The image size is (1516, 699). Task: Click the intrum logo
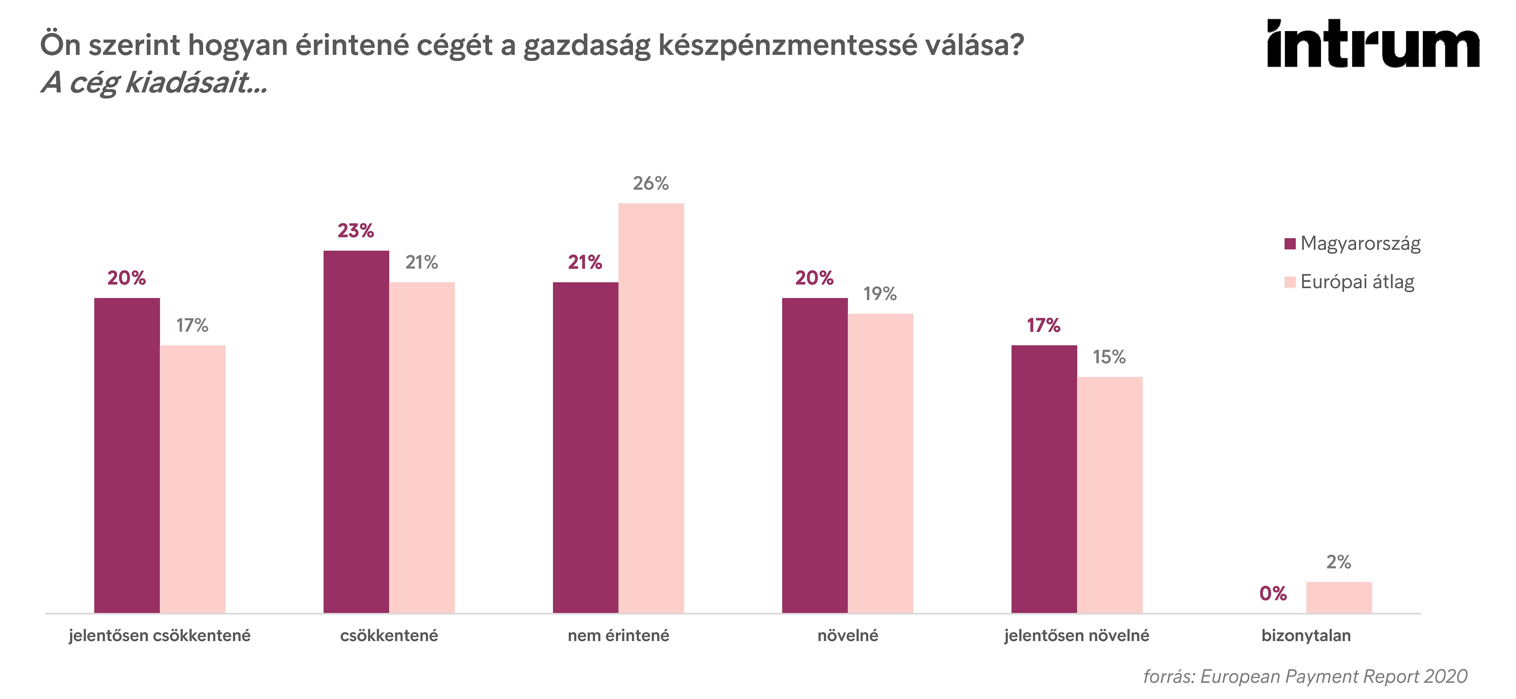click(1373, 44)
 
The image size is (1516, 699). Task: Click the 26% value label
click(651, 183)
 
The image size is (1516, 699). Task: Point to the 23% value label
click(356, 231)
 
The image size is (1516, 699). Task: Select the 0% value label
click(1273, 594)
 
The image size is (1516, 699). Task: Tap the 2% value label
click(1339, 562)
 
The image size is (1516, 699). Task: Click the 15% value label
click(1109, 357)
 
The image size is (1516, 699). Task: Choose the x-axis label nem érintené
click(618, 635)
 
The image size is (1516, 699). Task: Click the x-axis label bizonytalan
click(1306, 635)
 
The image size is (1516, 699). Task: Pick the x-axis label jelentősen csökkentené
click(159, 635)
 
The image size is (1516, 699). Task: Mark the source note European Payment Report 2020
click(1305, 677)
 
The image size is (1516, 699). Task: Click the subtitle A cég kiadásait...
click(154, 82)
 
